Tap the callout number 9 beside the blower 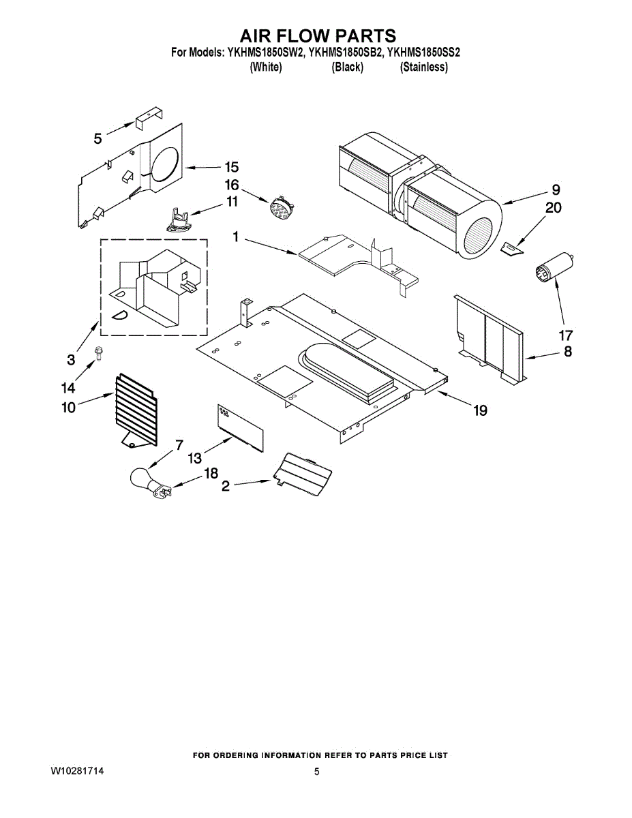[x=555, y=190]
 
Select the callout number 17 [x=565, y=335]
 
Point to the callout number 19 [x=480, y=410]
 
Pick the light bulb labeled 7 [x=143, y=477]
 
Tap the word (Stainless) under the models [x=423, y=67]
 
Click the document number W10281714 [x=77, y=771]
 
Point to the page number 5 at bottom [x=316, y=772]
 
